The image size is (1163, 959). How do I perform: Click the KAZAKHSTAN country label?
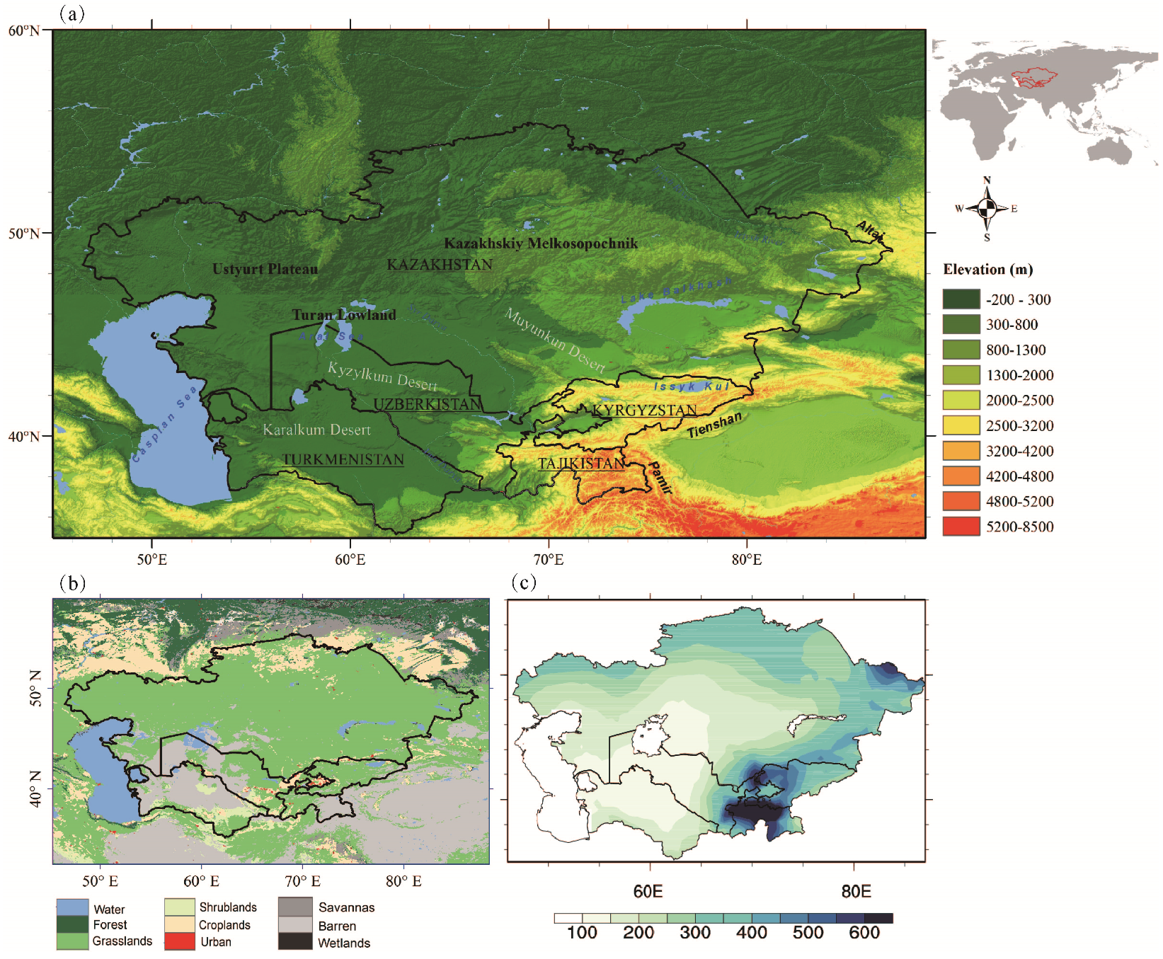[x=440, y=265]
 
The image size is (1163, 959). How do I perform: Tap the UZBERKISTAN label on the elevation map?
[x=427, y=404]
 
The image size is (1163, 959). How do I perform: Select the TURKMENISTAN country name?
[x=343, y=460]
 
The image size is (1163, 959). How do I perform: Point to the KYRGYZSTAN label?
[x=644, y=410]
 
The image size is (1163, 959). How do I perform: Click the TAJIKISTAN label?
[x=581, y=464]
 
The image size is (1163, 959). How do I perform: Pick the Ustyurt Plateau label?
[x=265, y=269]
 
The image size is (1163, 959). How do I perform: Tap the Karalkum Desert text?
[x=316, y=430]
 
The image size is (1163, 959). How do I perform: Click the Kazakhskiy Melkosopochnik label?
[x=541, y=243]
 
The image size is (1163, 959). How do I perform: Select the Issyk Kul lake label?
[x=691, y=386]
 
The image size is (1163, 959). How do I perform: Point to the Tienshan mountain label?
[x=714, y=425]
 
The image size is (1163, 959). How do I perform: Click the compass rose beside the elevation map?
[x=987, y=208]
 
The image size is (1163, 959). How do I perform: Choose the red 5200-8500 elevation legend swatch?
[x=961, y=527]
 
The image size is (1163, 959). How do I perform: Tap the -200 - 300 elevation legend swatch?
[x=961, y=299]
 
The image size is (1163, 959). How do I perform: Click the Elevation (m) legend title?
[x=987, y=270]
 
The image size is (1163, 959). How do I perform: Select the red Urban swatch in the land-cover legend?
[x=179, y=942]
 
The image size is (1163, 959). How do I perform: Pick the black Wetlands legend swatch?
[x=294, y=942]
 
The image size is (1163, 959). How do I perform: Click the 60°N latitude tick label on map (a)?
[x=24, y=30]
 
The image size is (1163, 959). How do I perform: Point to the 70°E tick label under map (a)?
[x=549, y=560]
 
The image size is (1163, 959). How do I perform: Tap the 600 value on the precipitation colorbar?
[x=864, y=933]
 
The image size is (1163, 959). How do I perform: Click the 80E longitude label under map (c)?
[x=856, y=891]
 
